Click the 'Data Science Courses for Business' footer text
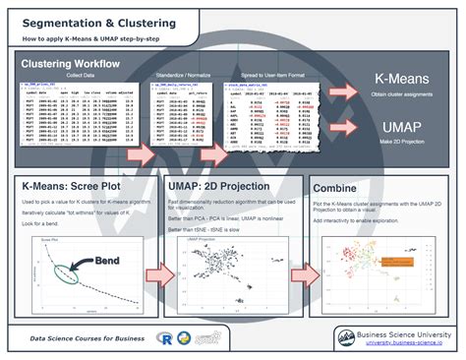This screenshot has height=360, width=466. click(88, 337)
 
